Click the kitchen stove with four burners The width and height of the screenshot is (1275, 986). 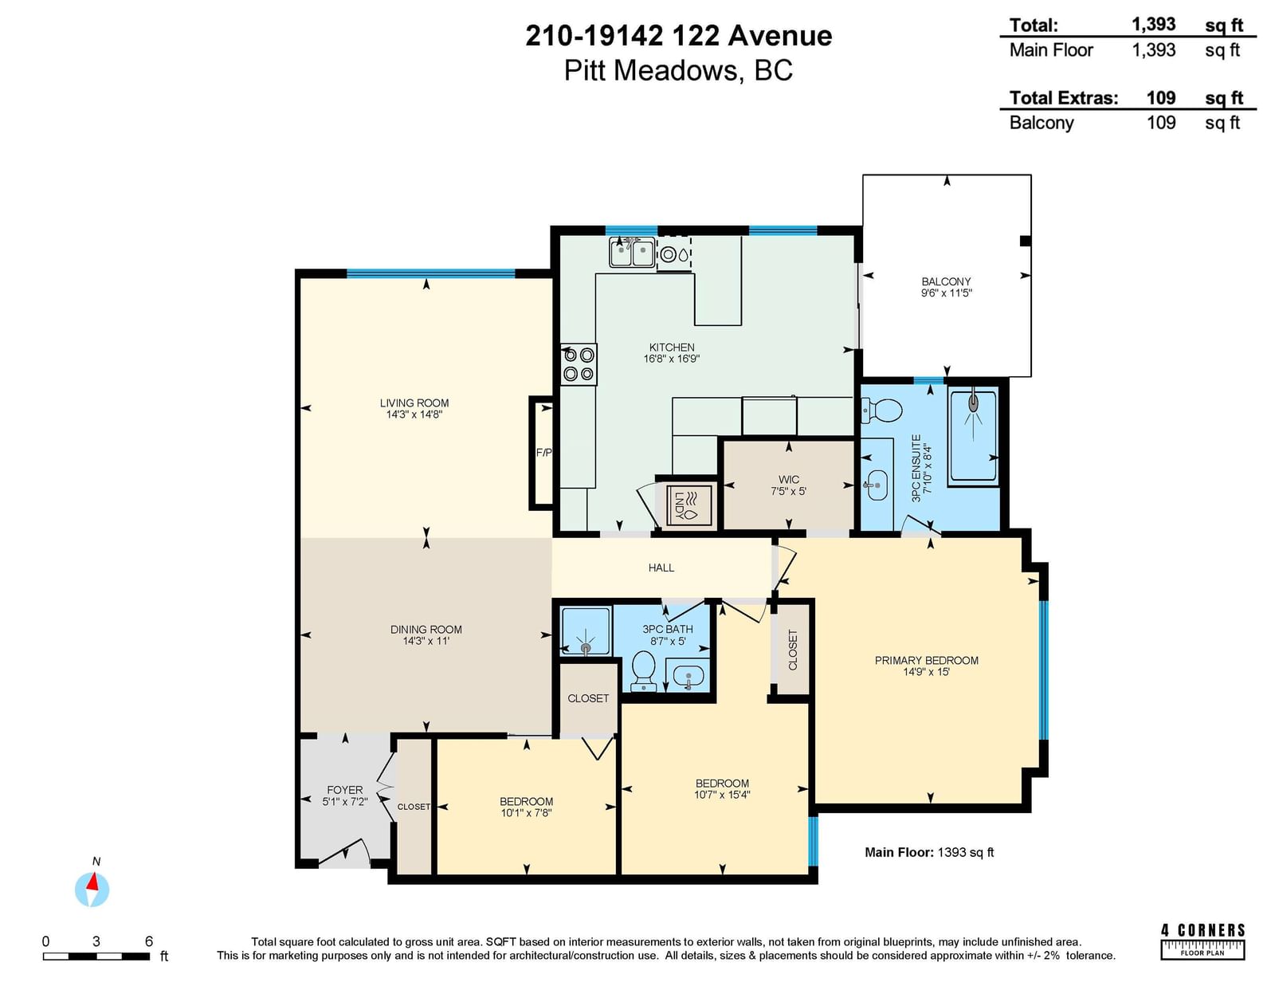click(578, 364)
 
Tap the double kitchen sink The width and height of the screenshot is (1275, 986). click(632, 253)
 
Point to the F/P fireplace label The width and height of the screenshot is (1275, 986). click(544, 453)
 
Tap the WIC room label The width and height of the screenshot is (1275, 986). click(789, 480)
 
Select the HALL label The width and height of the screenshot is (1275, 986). click(661, 568)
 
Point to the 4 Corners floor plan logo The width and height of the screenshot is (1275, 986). click(1202, 949)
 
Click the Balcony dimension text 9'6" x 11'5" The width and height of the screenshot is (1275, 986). click(947, 293)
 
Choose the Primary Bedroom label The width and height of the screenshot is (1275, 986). click(927, 660)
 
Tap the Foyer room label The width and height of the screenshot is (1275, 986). click(345, 790)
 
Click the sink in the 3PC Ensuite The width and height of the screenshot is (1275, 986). click(876, 485)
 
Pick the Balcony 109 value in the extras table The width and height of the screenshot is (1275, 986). click(1161, 123)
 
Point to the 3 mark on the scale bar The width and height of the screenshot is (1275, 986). click(96, 941)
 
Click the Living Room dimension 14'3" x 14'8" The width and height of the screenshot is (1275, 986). click(414, 414)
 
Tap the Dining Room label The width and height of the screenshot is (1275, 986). click(426, 630)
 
